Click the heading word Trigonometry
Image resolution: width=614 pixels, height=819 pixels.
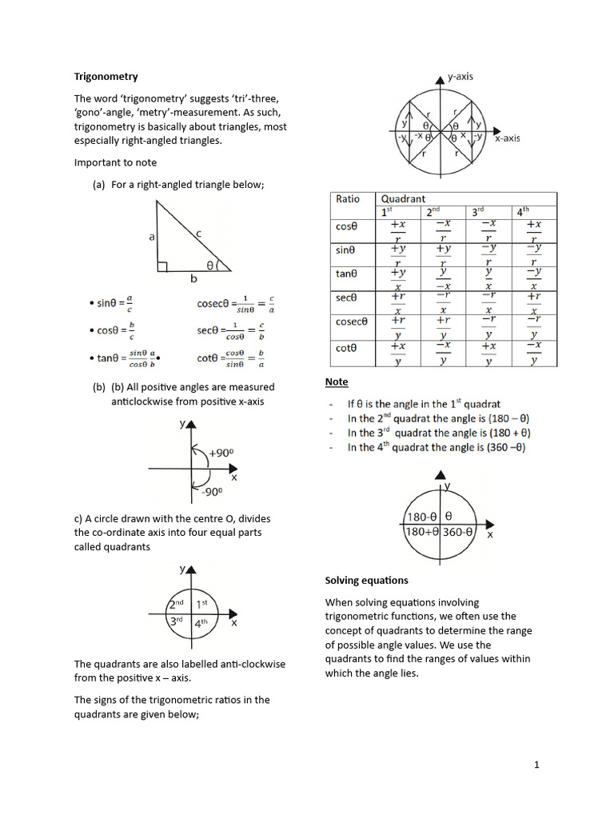point(106,77)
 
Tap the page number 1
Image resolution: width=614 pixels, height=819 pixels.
point(537,765)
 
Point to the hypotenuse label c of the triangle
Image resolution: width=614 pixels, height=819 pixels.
point(198,233)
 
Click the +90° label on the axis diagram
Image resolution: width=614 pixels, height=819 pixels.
point(221,453)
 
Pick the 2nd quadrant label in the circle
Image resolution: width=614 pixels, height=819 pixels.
point(177,603)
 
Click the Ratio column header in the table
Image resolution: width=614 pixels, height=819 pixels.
point(348,199)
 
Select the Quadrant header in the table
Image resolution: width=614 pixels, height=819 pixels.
point(403,199)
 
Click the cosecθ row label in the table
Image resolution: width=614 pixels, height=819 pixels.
point(351,322)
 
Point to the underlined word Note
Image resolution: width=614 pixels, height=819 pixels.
point(337,382)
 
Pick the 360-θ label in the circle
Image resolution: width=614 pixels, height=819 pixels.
point(458,531)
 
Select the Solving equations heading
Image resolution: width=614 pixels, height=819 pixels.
point(366,580)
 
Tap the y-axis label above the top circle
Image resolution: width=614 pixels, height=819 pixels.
point(460,77)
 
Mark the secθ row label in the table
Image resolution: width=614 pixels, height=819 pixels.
point(345,298)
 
